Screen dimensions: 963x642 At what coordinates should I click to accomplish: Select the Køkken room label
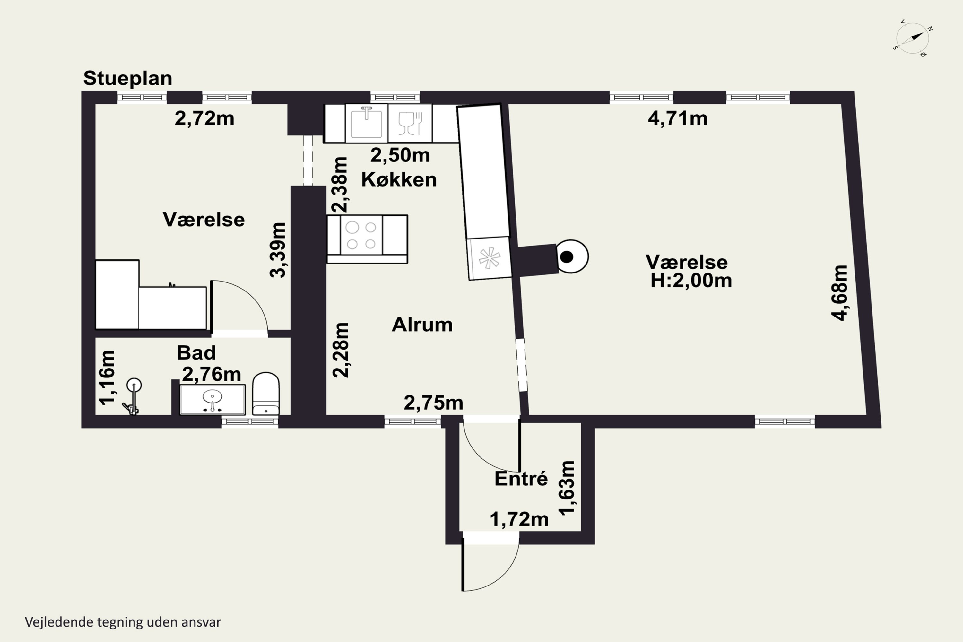(399, 180)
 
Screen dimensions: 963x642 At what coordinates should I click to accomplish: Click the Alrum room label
(422, 325)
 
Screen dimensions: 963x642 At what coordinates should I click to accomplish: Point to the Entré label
(521, 478)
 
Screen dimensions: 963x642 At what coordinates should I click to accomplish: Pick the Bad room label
(196, 352)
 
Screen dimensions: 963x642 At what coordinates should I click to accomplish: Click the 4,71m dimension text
(678, 118)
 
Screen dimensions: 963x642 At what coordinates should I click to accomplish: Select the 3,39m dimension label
(278, 250)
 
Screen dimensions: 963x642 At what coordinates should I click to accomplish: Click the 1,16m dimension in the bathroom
(108, 377)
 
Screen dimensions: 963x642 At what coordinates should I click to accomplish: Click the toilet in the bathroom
(266, 394)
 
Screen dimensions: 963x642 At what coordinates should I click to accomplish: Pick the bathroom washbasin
(213, 399)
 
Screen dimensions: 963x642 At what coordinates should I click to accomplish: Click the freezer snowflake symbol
(489, 258)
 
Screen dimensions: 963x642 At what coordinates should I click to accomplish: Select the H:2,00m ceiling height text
(691, 281)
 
